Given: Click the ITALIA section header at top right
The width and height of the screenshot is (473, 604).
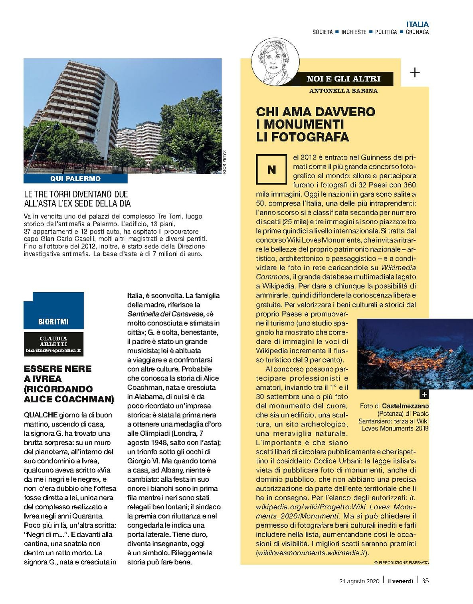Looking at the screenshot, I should pyautogui.click(x=417, y=24).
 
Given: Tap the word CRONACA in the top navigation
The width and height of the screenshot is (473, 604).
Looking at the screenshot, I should pyautogui.click(x=417, y=32).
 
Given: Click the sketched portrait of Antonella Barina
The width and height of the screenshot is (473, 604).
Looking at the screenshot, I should pyautogui.click(x=275, y=61).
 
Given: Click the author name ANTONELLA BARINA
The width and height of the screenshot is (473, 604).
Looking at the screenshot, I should pyautogui.click(x=343, y=91).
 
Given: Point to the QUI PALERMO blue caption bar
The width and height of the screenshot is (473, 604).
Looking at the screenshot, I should pyautogui.click(x=75, y=179).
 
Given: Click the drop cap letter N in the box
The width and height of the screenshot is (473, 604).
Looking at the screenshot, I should pyautogui.click(x=271, y=169).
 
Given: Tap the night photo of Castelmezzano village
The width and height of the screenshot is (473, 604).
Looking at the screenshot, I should pyautogui.click(x=393, y=354).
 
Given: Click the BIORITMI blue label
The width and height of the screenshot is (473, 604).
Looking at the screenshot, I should pyautogui.click(x=53, y=321).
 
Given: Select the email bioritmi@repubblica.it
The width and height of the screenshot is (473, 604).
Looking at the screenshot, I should pyautogui.click(x=53, y=350).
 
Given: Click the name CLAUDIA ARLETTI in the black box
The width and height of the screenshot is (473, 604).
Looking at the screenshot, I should pyautogui.click(x=53, y=341).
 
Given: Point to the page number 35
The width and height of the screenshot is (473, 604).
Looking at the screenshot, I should pyautogui.click(x=425, y=581).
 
